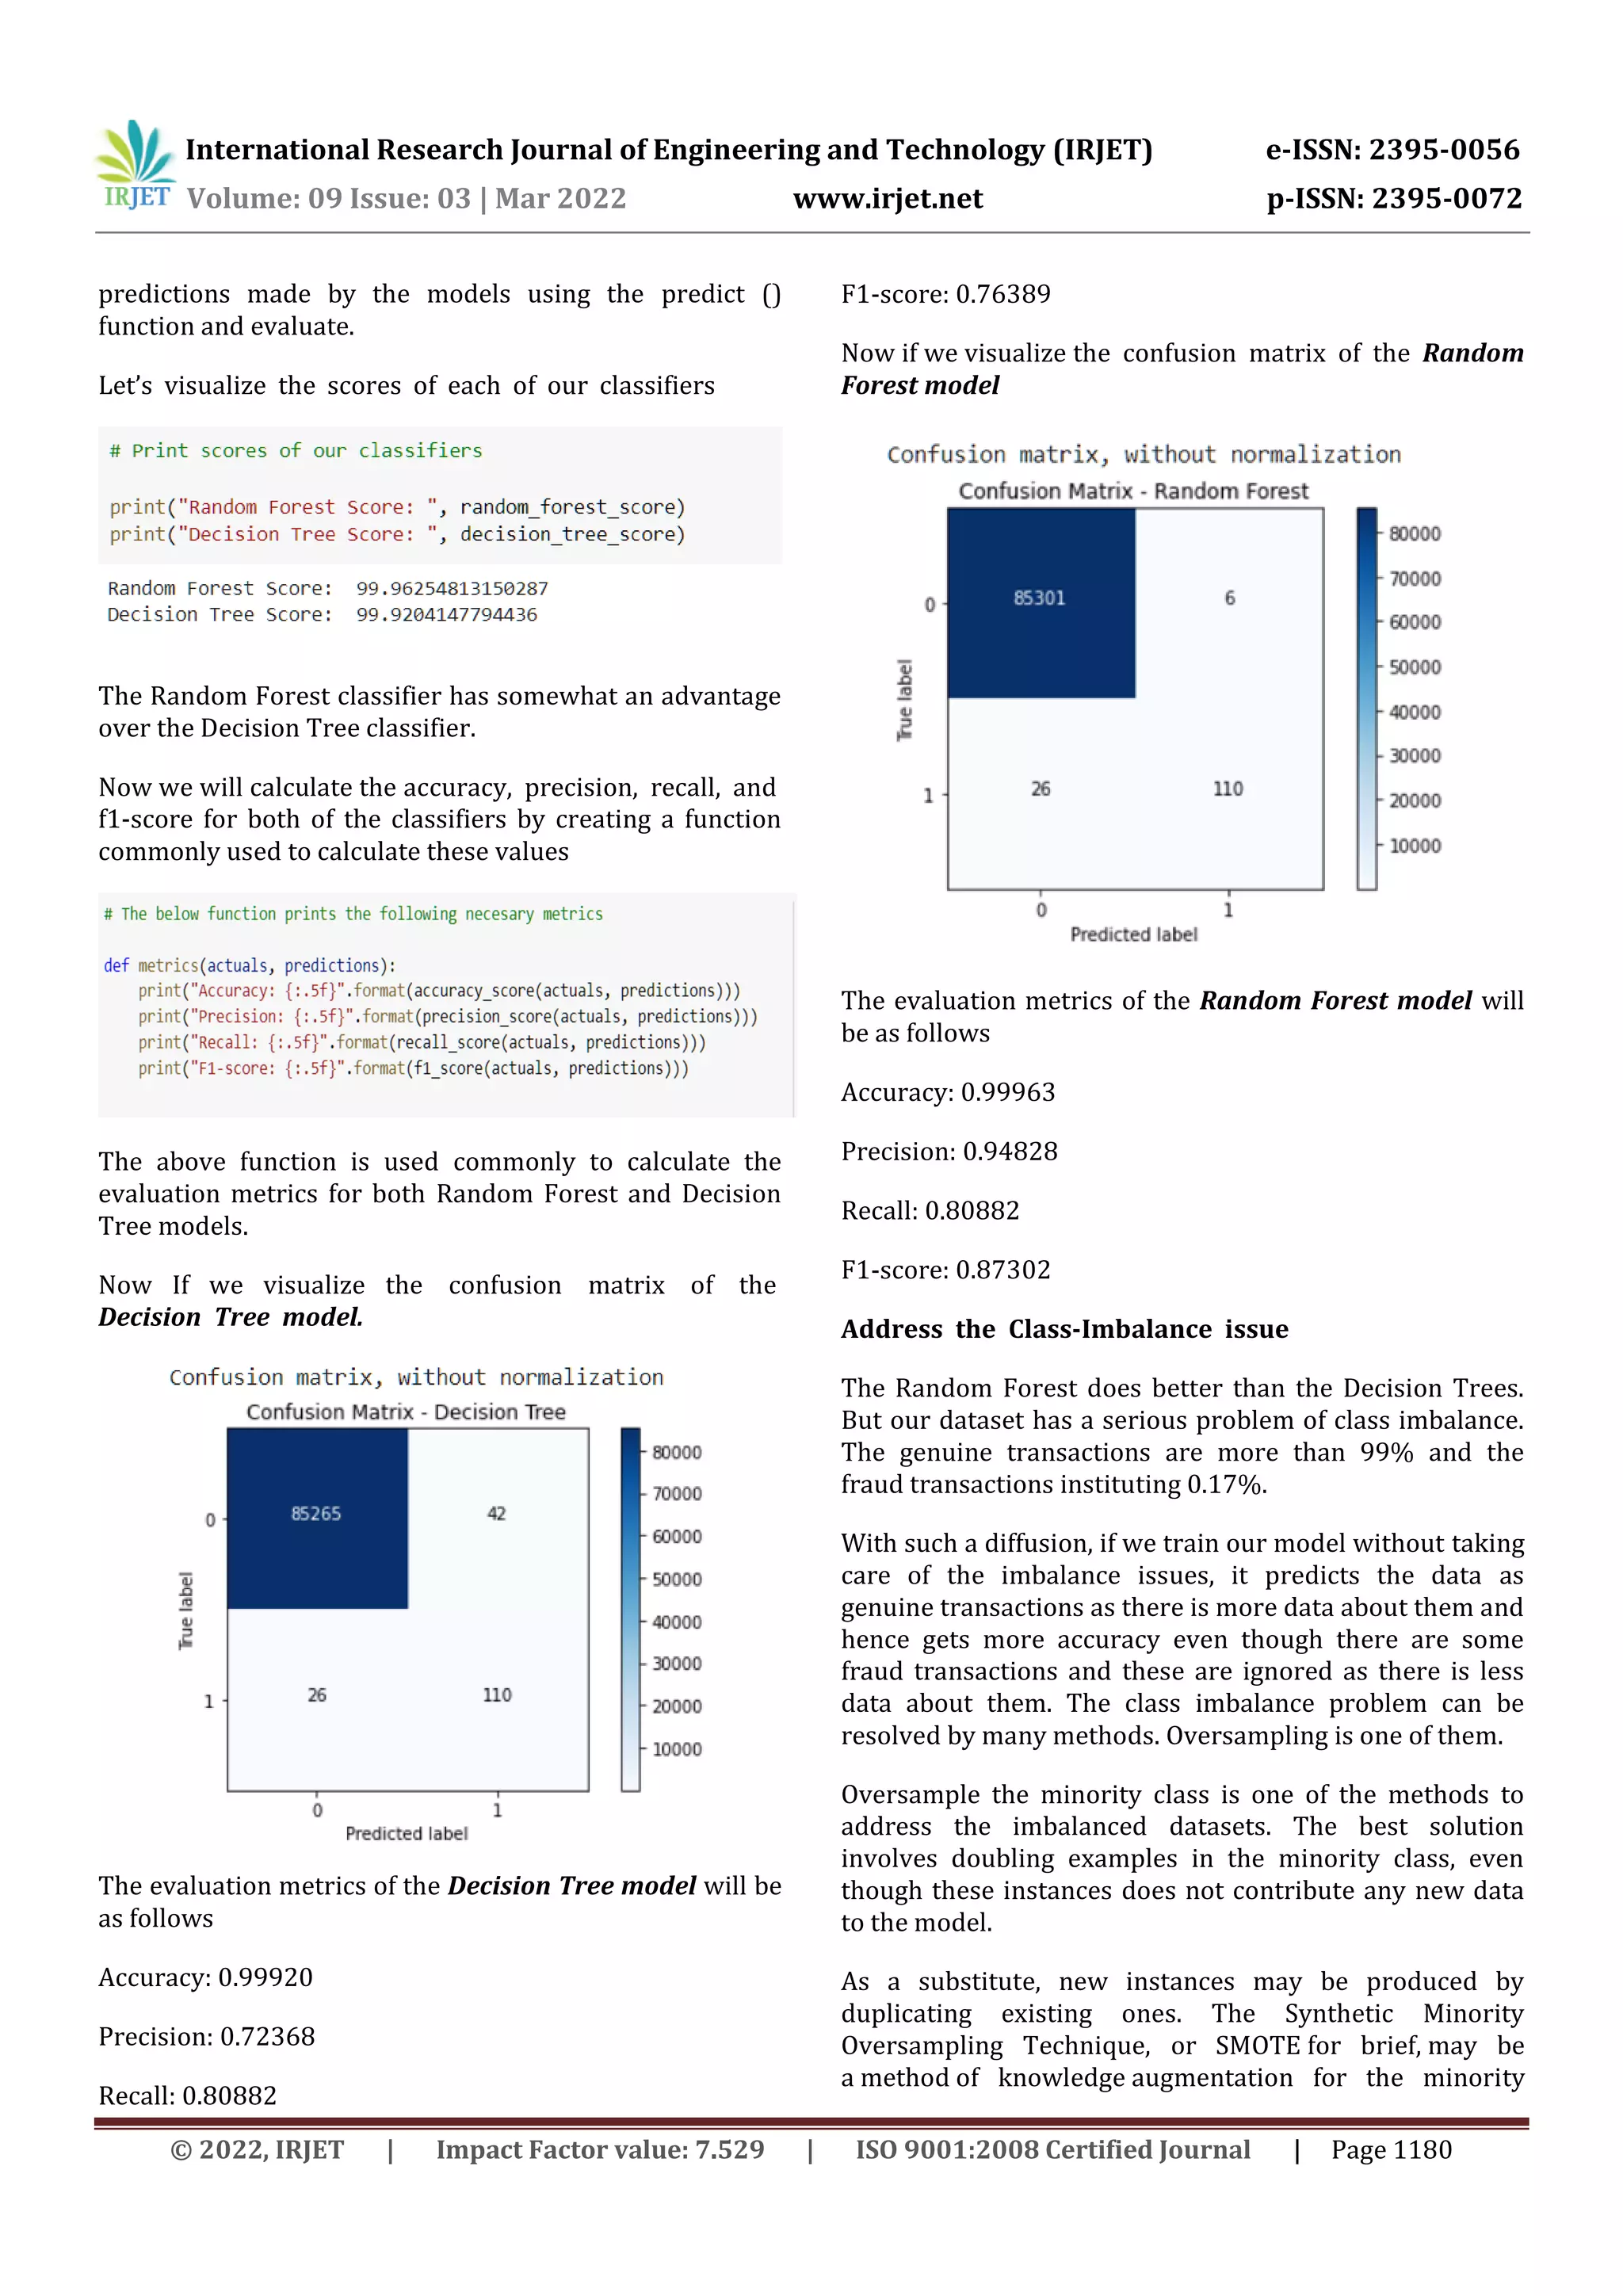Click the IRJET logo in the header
(135, 165)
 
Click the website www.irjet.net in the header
(887, 199)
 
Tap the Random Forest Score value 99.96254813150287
(452, 588)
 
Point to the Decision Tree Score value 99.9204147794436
(446, 614)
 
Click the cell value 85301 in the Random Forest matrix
(1039, 598)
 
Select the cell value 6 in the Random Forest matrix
(1229, 598)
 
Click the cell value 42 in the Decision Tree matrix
(496, 1513)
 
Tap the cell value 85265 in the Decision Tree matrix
(316, 1513)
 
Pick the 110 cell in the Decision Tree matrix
(496, 1695)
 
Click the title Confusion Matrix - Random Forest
(1133, 491)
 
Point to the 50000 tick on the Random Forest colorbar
(1414, 667)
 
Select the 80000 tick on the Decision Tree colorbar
(677, 1452)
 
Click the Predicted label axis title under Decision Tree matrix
(406, 1833)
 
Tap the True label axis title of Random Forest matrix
(905, 700)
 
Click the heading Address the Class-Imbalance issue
(1064, 1329)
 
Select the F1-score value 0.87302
(1003, 1270)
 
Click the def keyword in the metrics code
(116, 965)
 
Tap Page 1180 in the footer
(1390, 2150)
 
